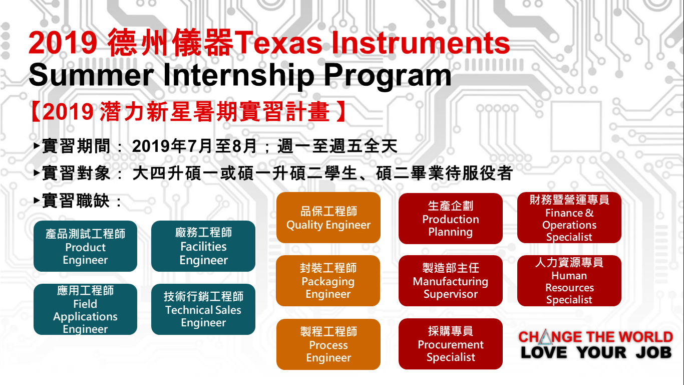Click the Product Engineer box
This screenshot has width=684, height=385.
[x=85, y=246]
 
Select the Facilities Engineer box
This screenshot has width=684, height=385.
[x=203, y=246]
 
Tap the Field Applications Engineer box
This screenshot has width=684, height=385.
[x=85, y=309]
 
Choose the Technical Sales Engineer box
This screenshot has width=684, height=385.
[x=203, y=309]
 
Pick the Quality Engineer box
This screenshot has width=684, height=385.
[x=328, y=218]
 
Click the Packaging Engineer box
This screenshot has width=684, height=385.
[x=328, y=281]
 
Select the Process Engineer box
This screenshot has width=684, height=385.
[x=328, y=344]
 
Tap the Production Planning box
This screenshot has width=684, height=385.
[x=450, y=219]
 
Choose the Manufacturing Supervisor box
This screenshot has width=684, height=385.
[x=450, y=281]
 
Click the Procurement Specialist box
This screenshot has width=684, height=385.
[x=450, y=344]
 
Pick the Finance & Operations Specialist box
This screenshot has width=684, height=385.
[x=569, y=218]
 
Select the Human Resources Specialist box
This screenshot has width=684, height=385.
[x=569, y=281]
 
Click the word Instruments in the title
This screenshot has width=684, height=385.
[x=421, y=43]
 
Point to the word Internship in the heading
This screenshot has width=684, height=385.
[x=239, y=75]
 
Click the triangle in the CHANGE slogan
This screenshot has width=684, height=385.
[x=545, y=337]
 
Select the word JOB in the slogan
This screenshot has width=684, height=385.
[x=654, y=352]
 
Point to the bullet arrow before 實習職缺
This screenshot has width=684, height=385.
[x=37, y=201]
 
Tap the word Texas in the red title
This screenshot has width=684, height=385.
[x=278, y=43]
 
